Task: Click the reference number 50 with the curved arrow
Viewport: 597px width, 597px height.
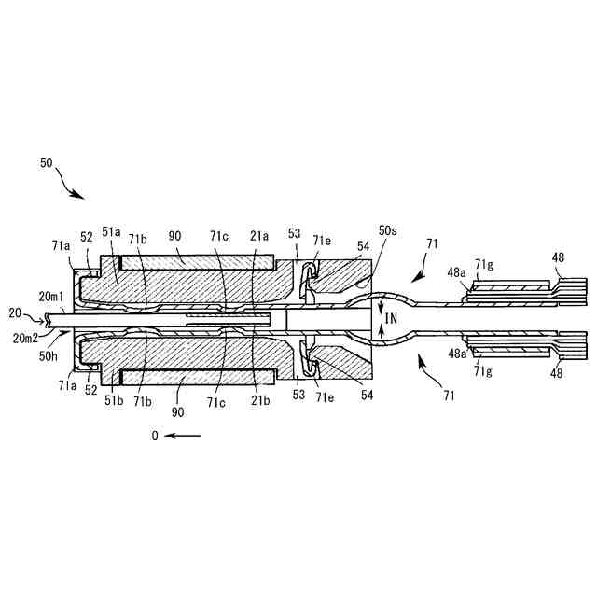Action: [47, 161]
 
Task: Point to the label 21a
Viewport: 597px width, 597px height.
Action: [258, 236]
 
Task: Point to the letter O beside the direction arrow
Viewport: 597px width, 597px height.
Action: [155, 436]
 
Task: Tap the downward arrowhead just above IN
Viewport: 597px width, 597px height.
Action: [381, 307]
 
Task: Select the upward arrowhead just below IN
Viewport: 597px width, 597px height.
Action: [381, 331]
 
